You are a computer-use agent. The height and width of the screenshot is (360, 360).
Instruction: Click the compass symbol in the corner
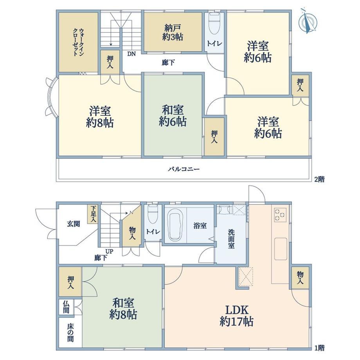(308, 21)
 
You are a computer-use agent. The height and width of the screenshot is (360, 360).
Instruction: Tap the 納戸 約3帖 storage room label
(173, 32)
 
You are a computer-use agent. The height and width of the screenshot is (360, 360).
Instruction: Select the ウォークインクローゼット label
(78, 42)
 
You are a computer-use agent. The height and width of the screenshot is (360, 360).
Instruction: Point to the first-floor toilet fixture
(153, 214)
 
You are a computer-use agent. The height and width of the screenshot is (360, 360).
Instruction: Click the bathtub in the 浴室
(176, 227)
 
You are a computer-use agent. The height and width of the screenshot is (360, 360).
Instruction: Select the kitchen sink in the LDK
(281, 249)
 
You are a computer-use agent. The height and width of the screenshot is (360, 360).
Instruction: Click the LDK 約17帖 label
(236, 316)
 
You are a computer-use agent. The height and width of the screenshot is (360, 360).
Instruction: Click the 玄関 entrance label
(74, 223)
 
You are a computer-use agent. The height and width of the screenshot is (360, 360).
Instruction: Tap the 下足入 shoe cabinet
(93, 214)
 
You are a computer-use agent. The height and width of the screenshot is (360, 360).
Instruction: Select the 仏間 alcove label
(66, 307)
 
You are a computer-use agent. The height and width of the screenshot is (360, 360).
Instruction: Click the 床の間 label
(70, 333)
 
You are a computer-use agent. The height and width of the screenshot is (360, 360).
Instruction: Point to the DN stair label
(131, 54)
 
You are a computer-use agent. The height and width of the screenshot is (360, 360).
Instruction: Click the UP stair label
(109, 252)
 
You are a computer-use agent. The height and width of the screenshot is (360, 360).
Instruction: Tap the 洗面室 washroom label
(231, 239)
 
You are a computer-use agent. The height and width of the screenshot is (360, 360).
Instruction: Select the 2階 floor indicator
(319, 179)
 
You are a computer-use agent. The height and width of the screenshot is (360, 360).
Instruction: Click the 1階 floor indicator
(319, 348)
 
